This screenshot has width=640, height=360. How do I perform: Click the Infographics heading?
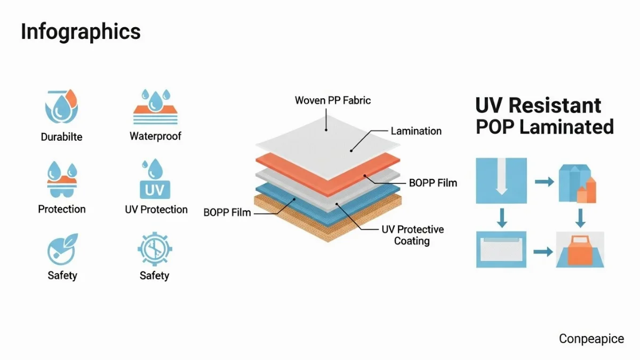pyautogui.click(x=81, y=32)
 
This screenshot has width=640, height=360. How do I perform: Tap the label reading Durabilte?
pyautogui.click(x=62, y=137)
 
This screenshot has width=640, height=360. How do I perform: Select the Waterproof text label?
pyautogui.click(x=155, y=136)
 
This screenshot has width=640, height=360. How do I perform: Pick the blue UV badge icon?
pyautogui.click(x=154, y=189)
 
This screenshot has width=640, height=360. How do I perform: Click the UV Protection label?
pyautogui.click(x=156, y=210)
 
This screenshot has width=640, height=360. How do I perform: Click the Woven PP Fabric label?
pyautogui.click(x=333, y=100)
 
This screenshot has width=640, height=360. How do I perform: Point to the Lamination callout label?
pyautogui.click(x=416, y=131)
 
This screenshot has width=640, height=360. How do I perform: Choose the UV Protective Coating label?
pyautogui.click(x=412, y=235)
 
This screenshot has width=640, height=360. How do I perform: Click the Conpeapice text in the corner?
pyautogui.click(x=591, y=339)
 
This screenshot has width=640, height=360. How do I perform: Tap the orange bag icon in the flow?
pyautogui.click(x=580, y=251)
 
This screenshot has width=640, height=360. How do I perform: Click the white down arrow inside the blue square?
pyautogui.click(x=501, y=179)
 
